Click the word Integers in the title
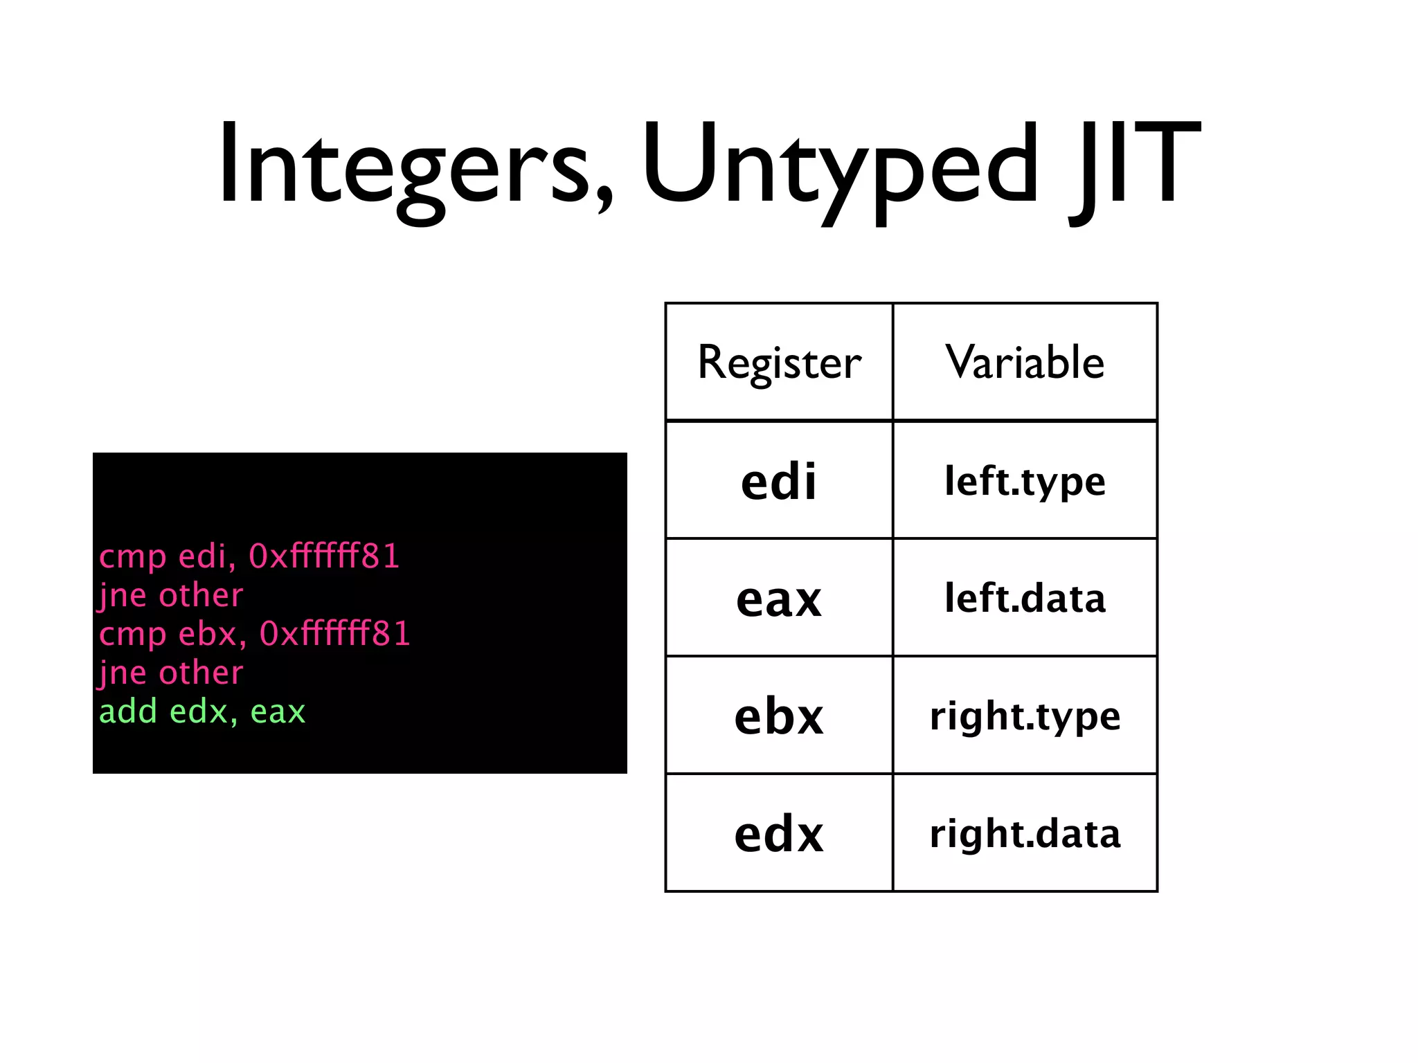coord(415,166)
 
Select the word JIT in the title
coord(1136,166)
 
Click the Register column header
coord(779,362)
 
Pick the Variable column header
coord(1025,362)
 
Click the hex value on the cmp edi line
coord(324,556)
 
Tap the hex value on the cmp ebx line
coord(335,634)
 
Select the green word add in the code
coord(128,711)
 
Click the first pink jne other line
coord(171,595)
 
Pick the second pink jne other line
coord(171,673)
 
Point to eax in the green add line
coord(278,711)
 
